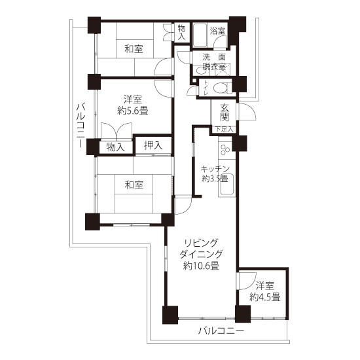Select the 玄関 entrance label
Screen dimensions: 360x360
[225, 113]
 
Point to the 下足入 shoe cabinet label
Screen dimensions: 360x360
[225, 129]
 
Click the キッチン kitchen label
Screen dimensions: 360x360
[215, 170]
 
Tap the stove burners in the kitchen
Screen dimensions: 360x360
[225, 149]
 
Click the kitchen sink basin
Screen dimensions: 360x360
[226, 185]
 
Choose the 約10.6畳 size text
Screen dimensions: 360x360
[201, 266]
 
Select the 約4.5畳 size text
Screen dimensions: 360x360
[265, 298]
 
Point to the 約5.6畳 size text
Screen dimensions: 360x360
[133, 111]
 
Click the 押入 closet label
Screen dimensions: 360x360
[153, 145]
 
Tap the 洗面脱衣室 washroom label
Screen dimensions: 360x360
[214, 62]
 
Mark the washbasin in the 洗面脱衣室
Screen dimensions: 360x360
[202, 71]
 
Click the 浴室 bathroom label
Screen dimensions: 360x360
[217, 31]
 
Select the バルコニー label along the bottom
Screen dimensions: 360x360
[221, 331]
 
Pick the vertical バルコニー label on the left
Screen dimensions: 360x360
[81, 126]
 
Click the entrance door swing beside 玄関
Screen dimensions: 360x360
[247, 111]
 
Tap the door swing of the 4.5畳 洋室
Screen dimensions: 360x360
[247, 281]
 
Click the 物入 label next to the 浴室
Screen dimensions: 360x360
[182, 33]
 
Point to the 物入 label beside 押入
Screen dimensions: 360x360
[116, 147]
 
